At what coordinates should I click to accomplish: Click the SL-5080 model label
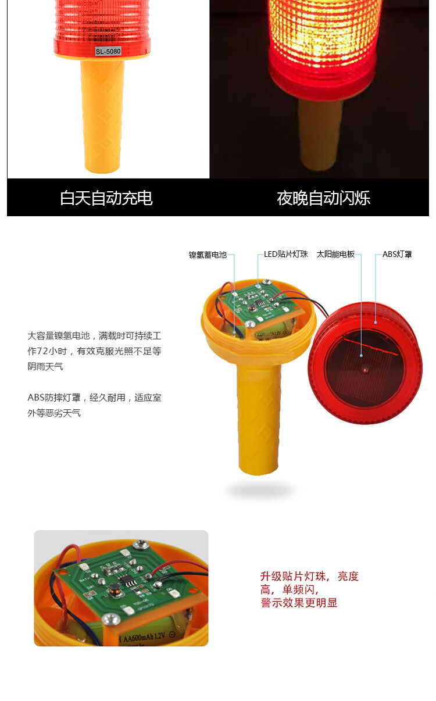pos(108,51)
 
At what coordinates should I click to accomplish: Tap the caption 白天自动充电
pos(106,198)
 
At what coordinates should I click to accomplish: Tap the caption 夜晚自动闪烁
pos(324,198)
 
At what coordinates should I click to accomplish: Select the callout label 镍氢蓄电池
pos(208,255)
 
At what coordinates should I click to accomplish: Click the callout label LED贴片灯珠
pos(286,254)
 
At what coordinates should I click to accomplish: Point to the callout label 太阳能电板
pos(335,254)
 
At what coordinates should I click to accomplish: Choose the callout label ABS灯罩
pos(397,254)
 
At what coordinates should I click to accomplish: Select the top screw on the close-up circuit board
pos(141,545)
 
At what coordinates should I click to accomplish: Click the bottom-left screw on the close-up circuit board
pos(111,619)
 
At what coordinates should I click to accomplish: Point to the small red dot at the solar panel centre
pos(365,370)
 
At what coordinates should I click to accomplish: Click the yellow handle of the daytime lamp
pos(102,116)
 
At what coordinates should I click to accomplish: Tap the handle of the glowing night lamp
pos(320,135)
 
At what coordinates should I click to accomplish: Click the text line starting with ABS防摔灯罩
pos(94,398)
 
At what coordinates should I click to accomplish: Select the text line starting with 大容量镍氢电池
pos(94,336)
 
